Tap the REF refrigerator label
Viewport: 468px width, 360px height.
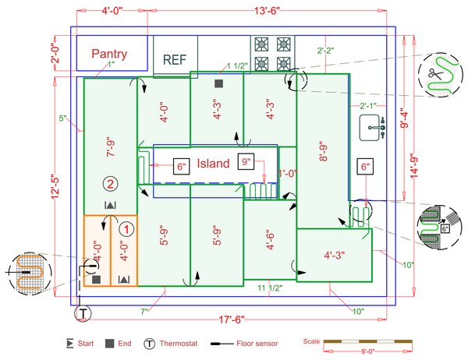pos(175,59)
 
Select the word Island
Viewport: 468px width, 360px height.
pos(213,164)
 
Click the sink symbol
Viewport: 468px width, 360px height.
pos(372,127)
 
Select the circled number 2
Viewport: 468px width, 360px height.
pos(111,184)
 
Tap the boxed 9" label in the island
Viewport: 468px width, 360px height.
pos(249,163)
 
